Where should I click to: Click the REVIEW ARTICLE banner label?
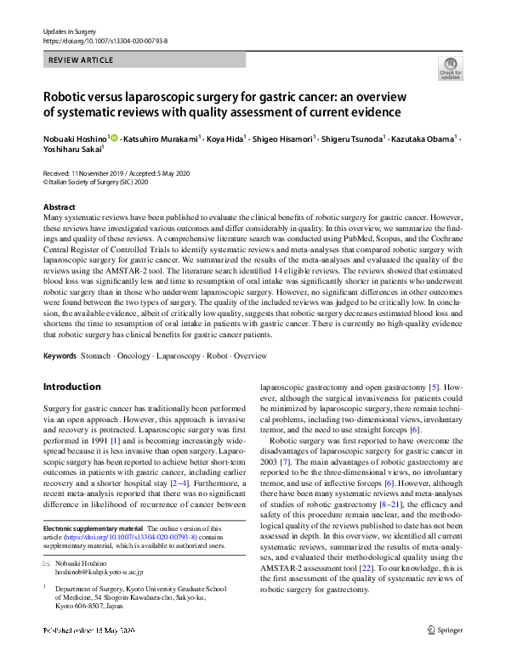coord(82,60)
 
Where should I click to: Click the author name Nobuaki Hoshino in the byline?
coord(74,137)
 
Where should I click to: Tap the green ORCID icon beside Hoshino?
coord(113,137)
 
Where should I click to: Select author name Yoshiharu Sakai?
coord(71,148)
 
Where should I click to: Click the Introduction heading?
coord(71,387)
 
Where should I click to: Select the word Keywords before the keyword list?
coord(60,354)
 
